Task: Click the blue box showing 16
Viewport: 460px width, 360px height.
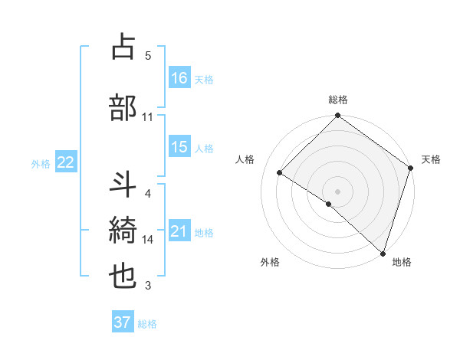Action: click(179, 78)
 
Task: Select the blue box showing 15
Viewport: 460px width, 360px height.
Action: click(179, 147)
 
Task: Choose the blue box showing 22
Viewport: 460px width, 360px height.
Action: click(66, 162)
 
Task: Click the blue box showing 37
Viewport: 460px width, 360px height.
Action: click(123, 322)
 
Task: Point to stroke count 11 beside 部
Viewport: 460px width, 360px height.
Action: click(148, 116)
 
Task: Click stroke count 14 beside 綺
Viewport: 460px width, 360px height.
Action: click(148, 240)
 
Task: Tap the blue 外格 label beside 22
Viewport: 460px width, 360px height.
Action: click(41, 163)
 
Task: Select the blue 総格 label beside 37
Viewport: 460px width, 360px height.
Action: click(147, 324)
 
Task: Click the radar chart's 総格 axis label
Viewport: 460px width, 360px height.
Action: click(338, 100)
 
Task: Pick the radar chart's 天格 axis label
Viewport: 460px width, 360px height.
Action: click(431, 159)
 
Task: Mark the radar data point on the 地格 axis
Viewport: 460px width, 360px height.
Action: click(383, 252)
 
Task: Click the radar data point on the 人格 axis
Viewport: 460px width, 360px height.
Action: click(280, 173)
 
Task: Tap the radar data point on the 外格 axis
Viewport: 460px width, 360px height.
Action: click(329, 204)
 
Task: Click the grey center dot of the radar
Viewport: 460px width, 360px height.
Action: click(337, 191)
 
